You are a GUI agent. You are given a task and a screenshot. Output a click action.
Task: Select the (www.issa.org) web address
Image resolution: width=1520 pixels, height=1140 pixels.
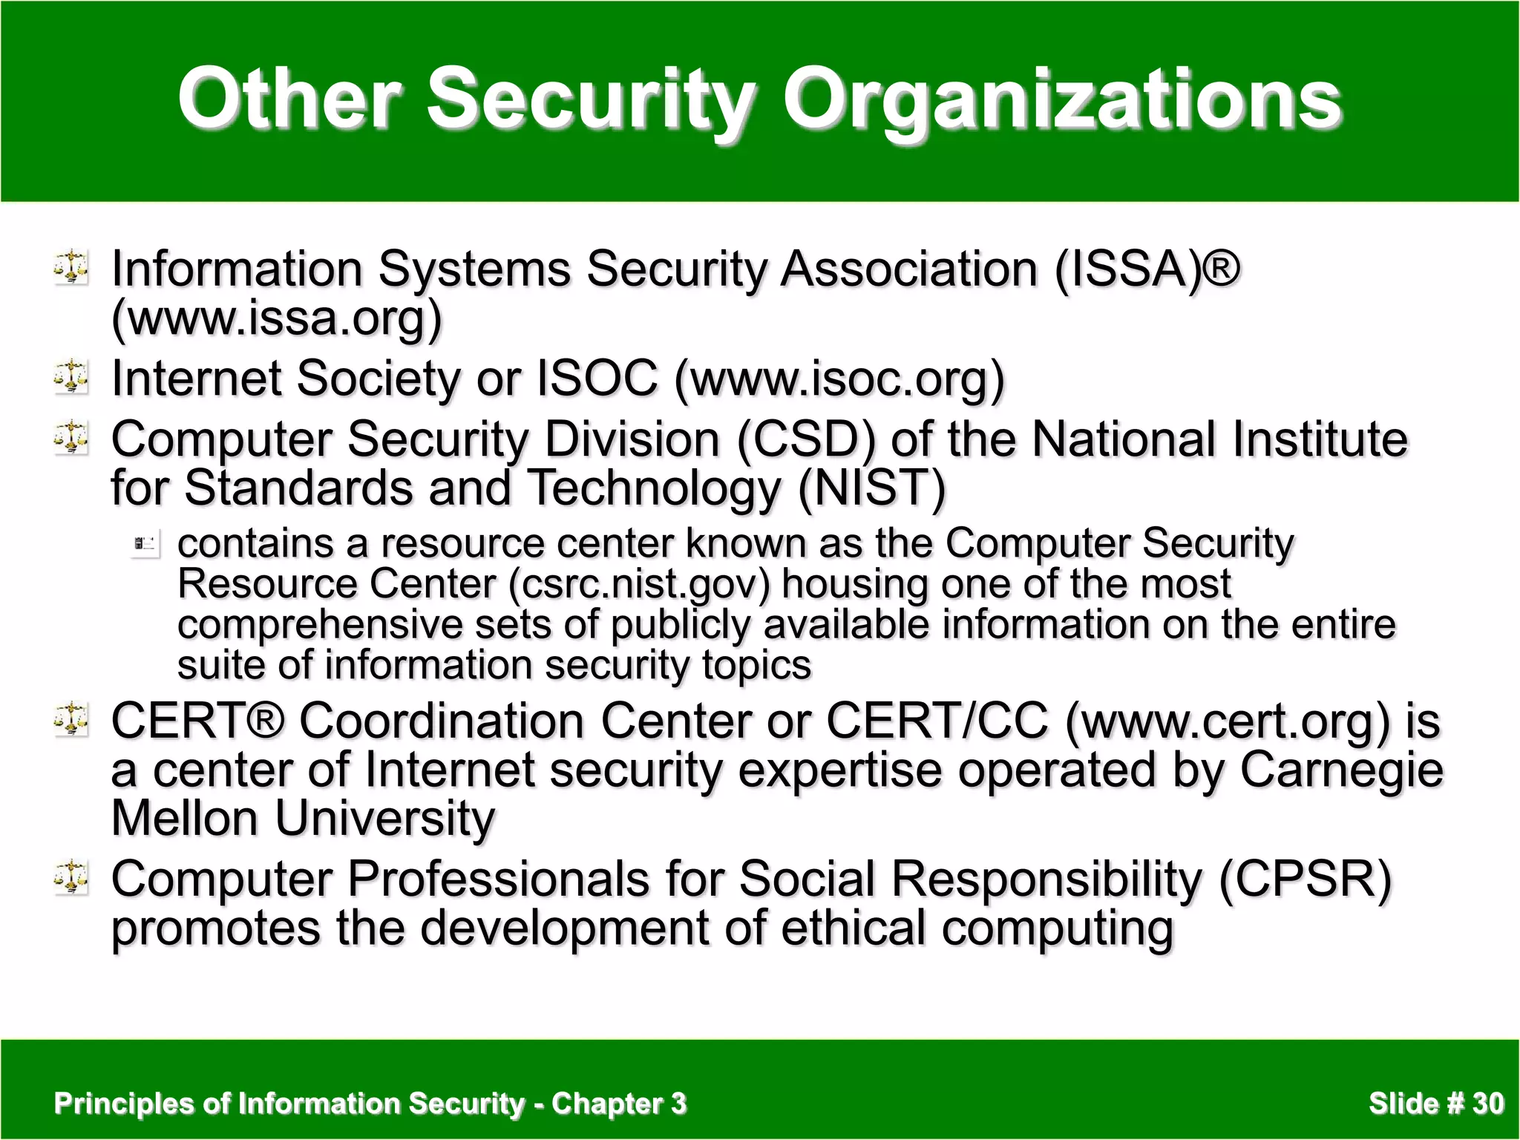click(x=277, y=318)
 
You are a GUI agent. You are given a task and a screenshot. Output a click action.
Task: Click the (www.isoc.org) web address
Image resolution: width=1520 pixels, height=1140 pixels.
click(x=839, y=379)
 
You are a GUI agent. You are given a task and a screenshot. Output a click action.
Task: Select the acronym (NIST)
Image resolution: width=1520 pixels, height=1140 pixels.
click(x=872, y=488)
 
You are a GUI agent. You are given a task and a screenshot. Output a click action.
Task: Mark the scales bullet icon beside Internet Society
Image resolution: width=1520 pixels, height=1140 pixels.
click(x=71, y=376)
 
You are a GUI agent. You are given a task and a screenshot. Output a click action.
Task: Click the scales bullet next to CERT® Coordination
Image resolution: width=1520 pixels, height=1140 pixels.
click(x=71, y=718)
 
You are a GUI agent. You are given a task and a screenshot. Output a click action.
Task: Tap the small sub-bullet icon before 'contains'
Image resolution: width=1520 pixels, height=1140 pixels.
click(x=145, y=546)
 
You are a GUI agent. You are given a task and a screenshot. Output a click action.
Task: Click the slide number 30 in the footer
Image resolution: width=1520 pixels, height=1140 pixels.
click(x=1488, y=1104)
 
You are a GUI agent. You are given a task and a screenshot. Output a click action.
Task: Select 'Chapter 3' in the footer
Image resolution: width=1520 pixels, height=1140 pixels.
click(x=619, y=1104)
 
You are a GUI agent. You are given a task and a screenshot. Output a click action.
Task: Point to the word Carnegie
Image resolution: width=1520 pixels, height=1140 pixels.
click(x=1342, y=770)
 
